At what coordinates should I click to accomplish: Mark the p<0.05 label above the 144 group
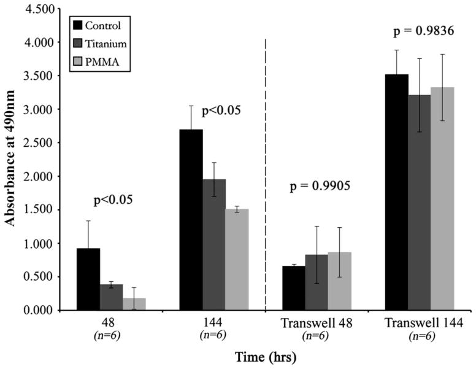click(x=218, y=112)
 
